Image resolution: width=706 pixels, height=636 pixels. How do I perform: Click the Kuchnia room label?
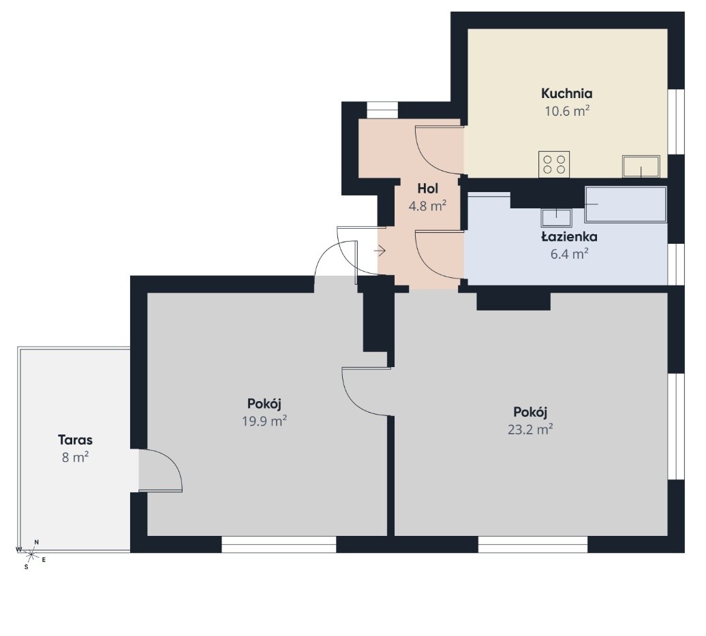point(566,93)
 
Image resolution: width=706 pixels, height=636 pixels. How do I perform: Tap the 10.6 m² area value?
point(567,110)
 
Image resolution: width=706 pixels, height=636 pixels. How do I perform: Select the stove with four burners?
point(554,164)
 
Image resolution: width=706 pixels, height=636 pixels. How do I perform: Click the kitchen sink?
point(641,166)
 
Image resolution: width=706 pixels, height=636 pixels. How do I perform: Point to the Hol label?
point(428,189)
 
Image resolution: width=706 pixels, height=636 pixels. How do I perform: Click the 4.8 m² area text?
point(427,206)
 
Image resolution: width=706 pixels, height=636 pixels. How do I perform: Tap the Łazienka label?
point(569,236)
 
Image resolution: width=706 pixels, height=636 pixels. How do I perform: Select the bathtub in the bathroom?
point(626,205)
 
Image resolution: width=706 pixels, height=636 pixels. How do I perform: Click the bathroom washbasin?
point(557,218)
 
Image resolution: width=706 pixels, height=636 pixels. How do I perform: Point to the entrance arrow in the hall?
point(380,251)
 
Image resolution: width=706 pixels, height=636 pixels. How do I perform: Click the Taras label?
point(75,439)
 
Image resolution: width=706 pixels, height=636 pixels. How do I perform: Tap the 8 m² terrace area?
point(75,458)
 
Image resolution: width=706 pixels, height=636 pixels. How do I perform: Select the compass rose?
point(31,554)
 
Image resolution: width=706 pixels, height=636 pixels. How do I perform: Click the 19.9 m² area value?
point(264,421)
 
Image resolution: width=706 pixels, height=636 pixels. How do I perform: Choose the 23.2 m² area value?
point(530,430)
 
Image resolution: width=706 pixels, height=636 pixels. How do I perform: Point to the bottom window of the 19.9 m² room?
point(279,544)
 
